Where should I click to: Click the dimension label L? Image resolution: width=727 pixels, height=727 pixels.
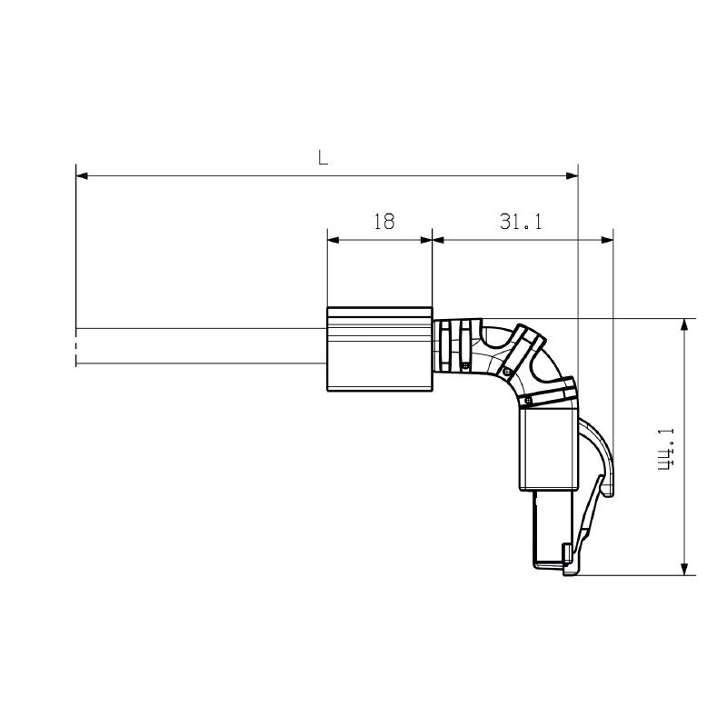point(324,156)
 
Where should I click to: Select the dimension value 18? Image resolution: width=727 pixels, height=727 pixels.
point(383,221)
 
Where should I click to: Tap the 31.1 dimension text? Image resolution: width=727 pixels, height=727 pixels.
point(520,221)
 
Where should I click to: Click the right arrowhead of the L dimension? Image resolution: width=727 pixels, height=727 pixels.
point(572,174)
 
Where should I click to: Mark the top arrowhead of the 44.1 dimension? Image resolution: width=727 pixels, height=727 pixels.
point(682,324)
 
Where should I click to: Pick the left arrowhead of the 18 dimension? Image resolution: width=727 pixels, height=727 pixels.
point(333,240)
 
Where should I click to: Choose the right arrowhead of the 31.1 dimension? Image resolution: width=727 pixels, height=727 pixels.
point(607,240)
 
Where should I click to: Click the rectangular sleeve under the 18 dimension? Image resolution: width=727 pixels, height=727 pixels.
point(379,350)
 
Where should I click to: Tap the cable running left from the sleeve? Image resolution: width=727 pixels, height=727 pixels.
point(200,345)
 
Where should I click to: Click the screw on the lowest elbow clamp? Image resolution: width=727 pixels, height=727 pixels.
point(526,400)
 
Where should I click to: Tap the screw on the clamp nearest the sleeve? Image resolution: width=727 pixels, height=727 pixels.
point(465,365)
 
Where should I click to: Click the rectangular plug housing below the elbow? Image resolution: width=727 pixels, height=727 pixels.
point(548,450)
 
